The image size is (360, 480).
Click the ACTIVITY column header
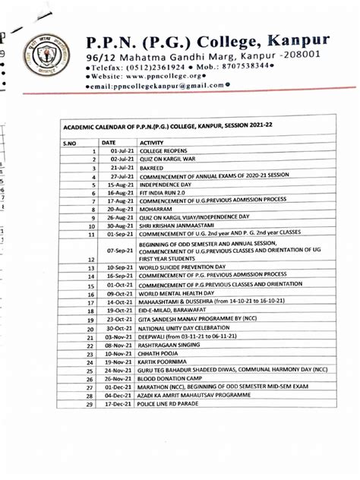point(153,142)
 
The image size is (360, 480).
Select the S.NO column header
point(71,142)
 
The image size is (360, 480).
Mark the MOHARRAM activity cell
point(158,209)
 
